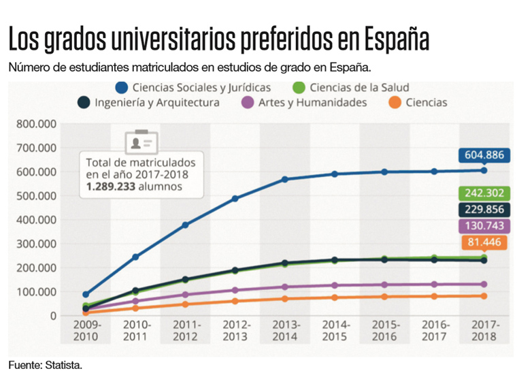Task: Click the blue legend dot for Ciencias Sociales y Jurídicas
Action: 122,88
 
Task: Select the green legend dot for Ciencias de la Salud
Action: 299,88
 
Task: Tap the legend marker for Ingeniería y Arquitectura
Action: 84,103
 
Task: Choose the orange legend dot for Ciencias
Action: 393,103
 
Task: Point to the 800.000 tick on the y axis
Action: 34,124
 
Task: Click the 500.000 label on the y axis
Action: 34,196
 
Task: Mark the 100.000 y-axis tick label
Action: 34,292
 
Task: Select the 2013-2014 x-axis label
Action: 285,331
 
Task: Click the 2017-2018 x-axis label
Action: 484,331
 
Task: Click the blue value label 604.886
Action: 484,156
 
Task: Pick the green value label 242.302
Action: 484,193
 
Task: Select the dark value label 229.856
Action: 484,210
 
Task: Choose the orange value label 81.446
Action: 484,243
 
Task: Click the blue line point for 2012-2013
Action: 235,199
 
